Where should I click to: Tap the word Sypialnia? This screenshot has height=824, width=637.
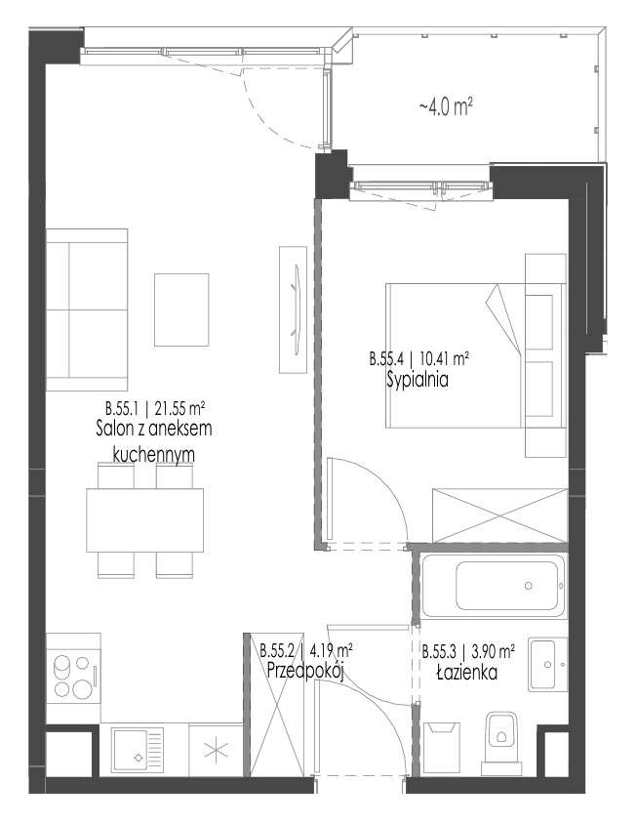click(418, 379)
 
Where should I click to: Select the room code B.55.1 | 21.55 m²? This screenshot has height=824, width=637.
click(154, 408)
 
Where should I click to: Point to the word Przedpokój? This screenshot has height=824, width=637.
click(305, 671)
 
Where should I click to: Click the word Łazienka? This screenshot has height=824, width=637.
click(467, 672)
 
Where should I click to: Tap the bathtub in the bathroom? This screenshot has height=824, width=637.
click(494, 585)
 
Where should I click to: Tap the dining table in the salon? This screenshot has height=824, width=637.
click(145, 520)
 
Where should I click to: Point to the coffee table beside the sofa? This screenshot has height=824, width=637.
click(181, 310)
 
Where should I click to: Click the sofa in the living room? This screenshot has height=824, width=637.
click(87, 310)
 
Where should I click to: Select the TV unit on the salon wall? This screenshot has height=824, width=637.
click(293, 310)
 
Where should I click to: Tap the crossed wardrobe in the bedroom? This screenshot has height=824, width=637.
click(499, 515)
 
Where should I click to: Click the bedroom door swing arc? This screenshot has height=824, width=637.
click(380, 482)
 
